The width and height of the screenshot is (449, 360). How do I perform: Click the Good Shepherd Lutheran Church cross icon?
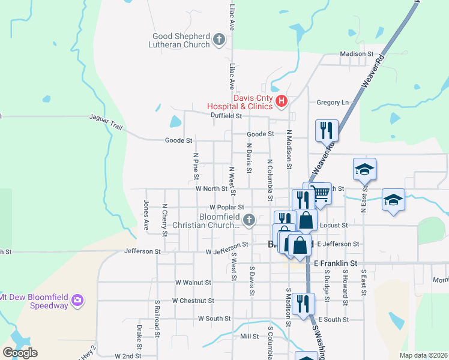pos(219,41)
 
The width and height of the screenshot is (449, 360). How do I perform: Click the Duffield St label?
pos(226,115)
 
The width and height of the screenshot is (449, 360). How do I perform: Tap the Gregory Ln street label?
pos(333,103)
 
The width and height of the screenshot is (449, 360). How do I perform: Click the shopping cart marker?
pos(321,193)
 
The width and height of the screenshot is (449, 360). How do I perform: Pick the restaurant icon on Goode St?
pos(327,130)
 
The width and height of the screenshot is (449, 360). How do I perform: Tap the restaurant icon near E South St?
pos(305,304)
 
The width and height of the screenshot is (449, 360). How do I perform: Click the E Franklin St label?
pos(336,263)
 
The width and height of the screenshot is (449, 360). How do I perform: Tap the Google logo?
pos(20,353)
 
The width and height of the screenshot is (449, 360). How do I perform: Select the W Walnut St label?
pos(193,282)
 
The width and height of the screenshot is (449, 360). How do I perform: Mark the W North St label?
pos(211,188)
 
